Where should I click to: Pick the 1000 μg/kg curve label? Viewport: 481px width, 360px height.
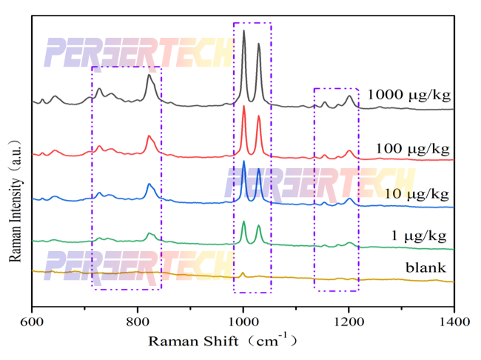[x=408, y=95]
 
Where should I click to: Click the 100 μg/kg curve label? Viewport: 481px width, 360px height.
[x=412, y=147]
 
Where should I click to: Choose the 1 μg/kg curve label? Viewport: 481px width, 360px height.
[x=418, y=236]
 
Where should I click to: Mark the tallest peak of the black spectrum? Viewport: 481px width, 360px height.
[x=243, y=31]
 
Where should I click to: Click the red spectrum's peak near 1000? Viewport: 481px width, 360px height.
[x=243, y=107]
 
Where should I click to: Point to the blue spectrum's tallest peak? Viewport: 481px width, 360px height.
[x=243, y=161]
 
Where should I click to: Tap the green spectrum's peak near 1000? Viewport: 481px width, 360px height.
[x=243, y=221]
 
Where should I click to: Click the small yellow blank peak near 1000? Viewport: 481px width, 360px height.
[x=243, y=273]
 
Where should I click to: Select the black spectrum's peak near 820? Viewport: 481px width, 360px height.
[x=149, y=75]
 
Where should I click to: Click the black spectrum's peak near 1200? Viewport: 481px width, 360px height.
[x=350, y=96]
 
